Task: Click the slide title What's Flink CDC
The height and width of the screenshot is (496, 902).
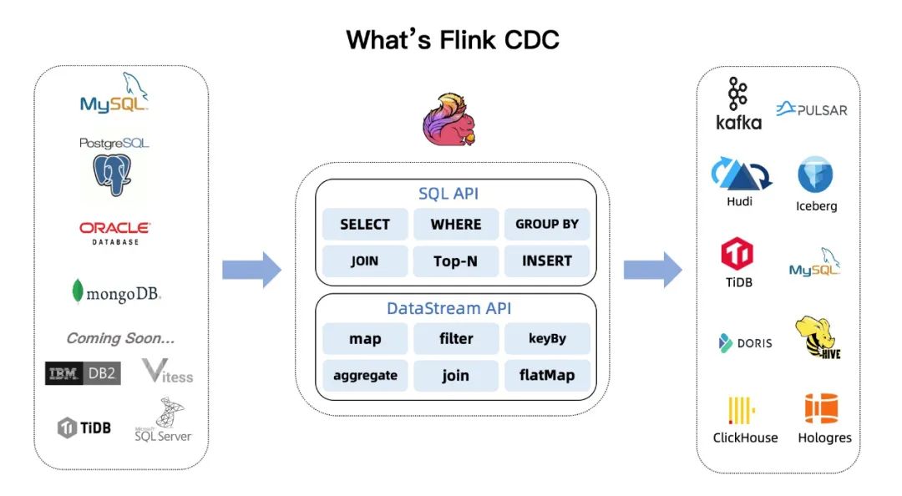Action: point(452,38)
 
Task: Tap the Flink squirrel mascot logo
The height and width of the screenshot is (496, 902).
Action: point(453,121)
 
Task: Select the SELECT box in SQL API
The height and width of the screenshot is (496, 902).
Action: point(365,225)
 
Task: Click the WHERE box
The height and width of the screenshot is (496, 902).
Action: point(456,225)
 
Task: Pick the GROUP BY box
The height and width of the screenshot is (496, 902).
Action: point(547,225)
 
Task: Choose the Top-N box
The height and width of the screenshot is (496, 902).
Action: point(456,261)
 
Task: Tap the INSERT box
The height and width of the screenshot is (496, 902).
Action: point(547,261)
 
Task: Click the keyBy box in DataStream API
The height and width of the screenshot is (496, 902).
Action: point(547,339)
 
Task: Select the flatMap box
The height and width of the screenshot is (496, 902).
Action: point(547,376)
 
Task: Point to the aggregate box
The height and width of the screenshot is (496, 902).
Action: point(365,376)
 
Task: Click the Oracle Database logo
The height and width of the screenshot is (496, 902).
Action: point(114,233)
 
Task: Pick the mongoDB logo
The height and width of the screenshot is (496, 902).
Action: point(116,292)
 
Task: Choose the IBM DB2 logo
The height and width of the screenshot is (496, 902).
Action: point(83,373)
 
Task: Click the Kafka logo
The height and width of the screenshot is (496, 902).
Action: point(738,104)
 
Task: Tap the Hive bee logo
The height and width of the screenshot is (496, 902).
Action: point(818,338)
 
